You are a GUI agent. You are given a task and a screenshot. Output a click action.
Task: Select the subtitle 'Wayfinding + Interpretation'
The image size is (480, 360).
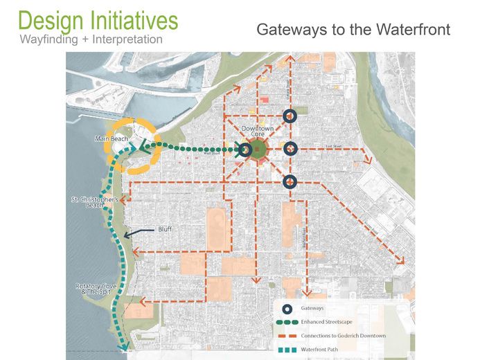(92, 39)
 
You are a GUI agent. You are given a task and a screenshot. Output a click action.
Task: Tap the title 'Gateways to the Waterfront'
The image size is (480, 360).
(353, 30)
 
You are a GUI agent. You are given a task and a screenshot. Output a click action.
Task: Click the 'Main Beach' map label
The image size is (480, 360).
(112, 139)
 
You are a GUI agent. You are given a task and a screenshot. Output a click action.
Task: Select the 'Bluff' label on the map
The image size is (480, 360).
(164, 228)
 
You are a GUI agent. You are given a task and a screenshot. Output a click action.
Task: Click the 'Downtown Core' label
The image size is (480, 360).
(258, 133)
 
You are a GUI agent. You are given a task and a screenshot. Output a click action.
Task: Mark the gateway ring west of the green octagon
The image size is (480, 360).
(245, 149)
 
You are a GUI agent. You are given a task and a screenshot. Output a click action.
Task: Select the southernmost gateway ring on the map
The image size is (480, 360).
(291, 181)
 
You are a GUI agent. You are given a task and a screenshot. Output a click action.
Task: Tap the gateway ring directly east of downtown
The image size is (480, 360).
(291, 147)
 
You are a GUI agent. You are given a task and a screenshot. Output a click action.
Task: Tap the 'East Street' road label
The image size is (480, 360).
(334, 146)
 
